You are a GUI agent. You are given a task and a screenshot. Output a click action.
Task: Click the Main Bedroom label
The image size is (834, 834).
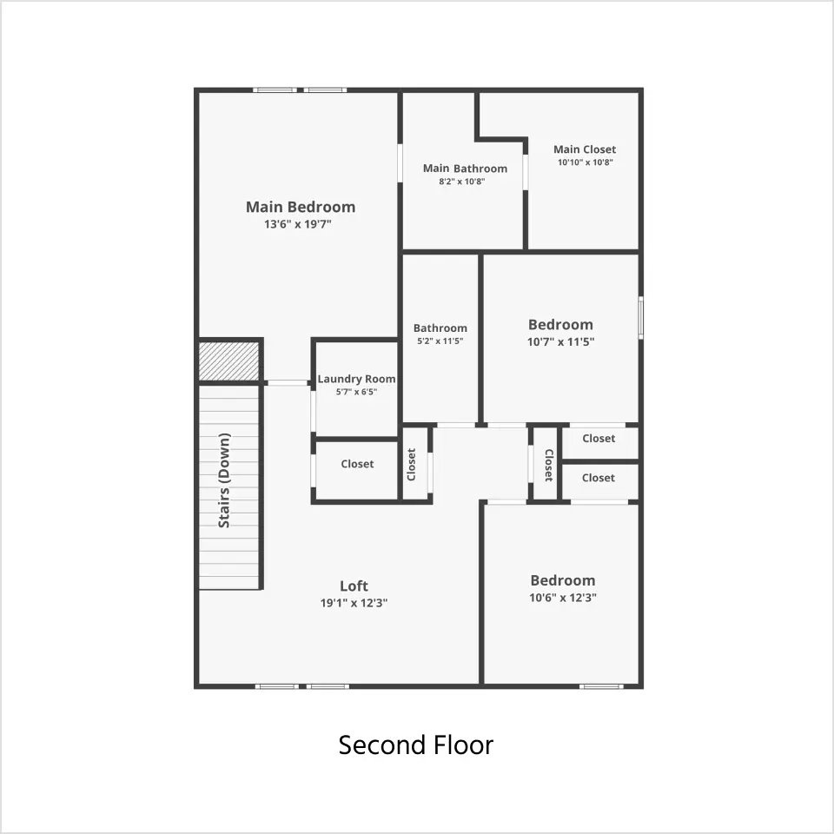click(x=301, y=207)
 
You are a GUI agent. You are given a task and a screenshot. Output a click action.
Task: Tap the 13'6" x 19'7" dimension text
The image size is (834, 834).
click(x=298, y=224)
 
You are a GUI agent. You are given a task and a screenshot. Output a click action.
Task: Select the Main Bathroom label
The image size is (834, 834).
click(x=465, y=169)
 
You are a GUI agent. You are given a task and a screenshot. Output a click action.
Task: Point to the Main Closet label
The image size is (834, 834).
click(x=585, y=149)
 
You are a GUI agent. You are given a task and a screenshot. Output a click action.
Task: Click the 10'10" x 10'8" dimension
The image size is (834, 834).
click(x=585, y=162)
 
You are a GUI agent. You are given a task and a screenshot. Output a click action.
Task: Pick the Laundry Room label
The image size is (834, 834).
click(x=356, y=379)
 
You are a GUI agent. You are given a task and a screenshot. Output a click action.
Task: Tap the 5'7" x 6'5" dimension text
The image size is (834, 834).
click(x=356, y=392)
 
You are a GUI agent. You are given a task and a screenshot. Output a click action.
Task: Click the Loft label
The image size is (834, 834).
click(x=354, y=586)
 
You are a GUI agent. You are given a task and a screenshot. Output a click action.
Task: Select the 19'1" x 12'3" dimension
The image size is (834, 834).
click(x=354, y=603)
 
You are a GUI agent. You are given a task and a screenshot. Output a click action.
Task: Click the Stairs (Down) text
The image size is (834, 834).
click(x=224, y=480)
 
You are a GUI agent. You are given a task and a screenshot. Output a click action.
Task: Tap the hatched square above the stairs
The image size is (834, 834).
click(x=228, y=361)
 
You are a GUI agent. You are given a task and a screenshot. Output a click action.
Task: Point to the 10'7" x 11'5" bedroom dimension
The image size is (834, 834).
click(x=560, y=341)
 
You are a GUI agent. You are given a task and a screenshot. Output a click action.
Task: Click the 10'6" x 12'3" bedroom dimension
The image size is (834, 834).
click(x=563, y=598)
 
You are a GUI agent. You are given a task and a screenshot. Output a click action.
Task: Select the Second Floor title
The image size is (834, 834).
click(x=416, y=745)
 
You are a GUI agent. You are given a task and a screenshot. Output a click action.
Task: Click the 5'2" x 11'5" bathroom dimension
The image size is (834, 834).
click(x=440, y=341)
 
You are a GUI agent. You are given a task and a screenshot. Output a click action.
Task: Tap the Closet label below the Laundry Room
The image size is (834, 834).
click(x=357, y=464)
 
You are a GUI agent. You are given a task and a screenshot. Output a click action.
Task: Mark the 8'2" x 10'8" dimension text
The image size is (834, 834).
click(x=461, y=182)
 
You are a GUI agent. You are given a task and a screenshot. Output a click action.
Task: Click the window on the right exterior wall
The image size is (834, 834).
click(x=641, y=318)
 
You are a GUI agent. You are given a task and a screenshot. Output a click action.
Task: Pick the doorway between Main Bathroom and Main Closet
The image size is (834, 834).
click(x=526, y=172)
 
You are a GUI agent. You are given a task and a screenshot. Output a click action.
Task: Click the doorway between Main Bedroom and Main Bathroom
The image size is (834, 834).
click(x=400, y=163)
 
